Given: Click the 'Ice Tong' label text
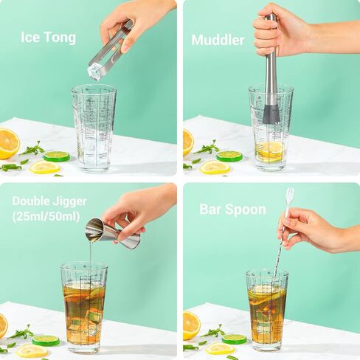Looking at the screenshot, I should click(48, 38).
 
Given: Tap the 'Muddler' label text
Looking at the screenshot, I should click(218, 40).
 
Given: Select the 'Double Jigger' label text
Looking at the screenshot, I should click(49, 201).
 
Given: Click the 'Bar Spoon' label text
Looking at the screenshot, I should click(232, 209).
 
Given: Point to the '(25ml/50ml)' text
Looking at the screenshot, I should click(45, 216).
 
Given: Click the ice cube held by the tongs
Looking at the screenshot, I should click(95, 72).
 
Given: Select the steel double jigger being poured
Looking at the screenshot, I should click(111, 233).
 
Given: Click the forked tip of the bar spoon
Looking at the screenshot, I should click(290, 195).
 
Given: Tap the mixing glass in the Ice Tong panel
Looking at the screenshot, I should click(94, 129).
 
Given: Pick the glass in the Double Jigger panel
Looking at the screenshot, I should click(83, 306).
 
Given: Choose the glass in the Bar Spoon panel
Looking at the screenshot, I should click(267, 310).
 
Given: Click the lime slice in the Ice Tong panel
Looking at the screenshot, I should click(56, 156).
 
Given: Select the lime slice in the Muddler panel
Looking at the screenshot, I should click(229, 156).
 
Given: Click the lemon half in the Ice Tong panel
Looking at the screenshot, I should click(7, 143).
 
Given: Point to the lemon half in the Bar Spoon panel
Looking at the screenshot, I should click(191, 324).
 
